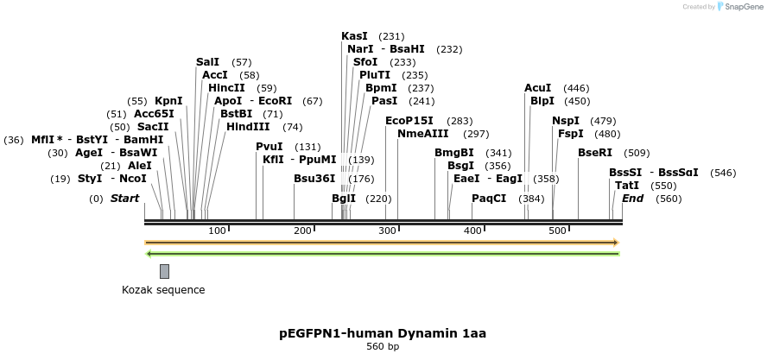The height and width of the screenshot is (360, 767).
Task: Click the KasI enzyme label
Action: tap(354, 36)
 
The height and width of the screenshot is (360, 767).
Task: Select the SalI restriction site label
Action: tap(207, 62)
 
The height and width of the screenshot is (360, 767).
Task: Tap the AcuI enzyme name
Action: tap(537, 88)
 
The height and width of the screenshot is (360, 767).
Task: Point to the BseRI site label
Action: tap(595, 153)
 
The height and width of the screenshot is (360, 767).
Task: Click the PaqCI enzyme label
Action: tap(489, 199)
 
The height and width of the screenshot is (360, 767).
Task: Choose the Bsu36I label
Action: tap(314, 179)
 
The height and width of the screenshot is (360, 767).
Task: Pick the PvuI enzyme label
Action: tap(269, 147)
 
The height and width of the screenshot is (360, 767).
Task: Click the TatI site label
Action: tap(626, 186)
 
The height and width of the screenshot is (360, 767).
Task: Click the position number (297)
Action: tap(476, 134)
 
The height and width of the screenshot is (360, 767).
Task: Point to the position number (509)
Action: tap(637, 153)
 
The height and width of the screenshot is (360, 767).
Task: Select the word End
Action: tap(632, 199)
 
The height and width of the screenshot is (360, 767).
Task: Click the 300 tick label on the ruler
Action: tap(386, 231)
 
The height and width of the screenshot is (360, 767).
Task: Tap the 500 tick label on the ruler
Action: tap(557, 231)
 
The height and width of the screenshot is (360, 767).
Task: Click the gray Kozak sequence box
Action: tap(164, 271)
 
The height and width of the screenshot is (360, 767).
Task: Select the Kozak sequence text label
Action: tap(163, 290)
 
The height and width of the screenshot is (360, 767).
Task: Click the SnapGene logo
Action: tap(739, 7)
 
